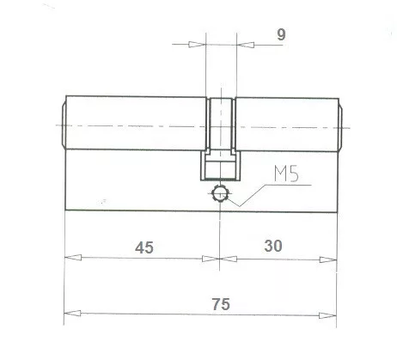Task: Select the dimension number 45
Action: [x=144, y=247]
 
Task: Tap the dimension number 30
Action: [x=273, y=246]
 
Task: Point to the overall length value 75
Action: [x=221, y=303]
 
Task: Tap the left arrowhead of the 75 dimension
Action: [x=70, y=313]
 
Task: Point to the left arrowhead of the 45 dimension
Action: [x=70, y=258]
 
